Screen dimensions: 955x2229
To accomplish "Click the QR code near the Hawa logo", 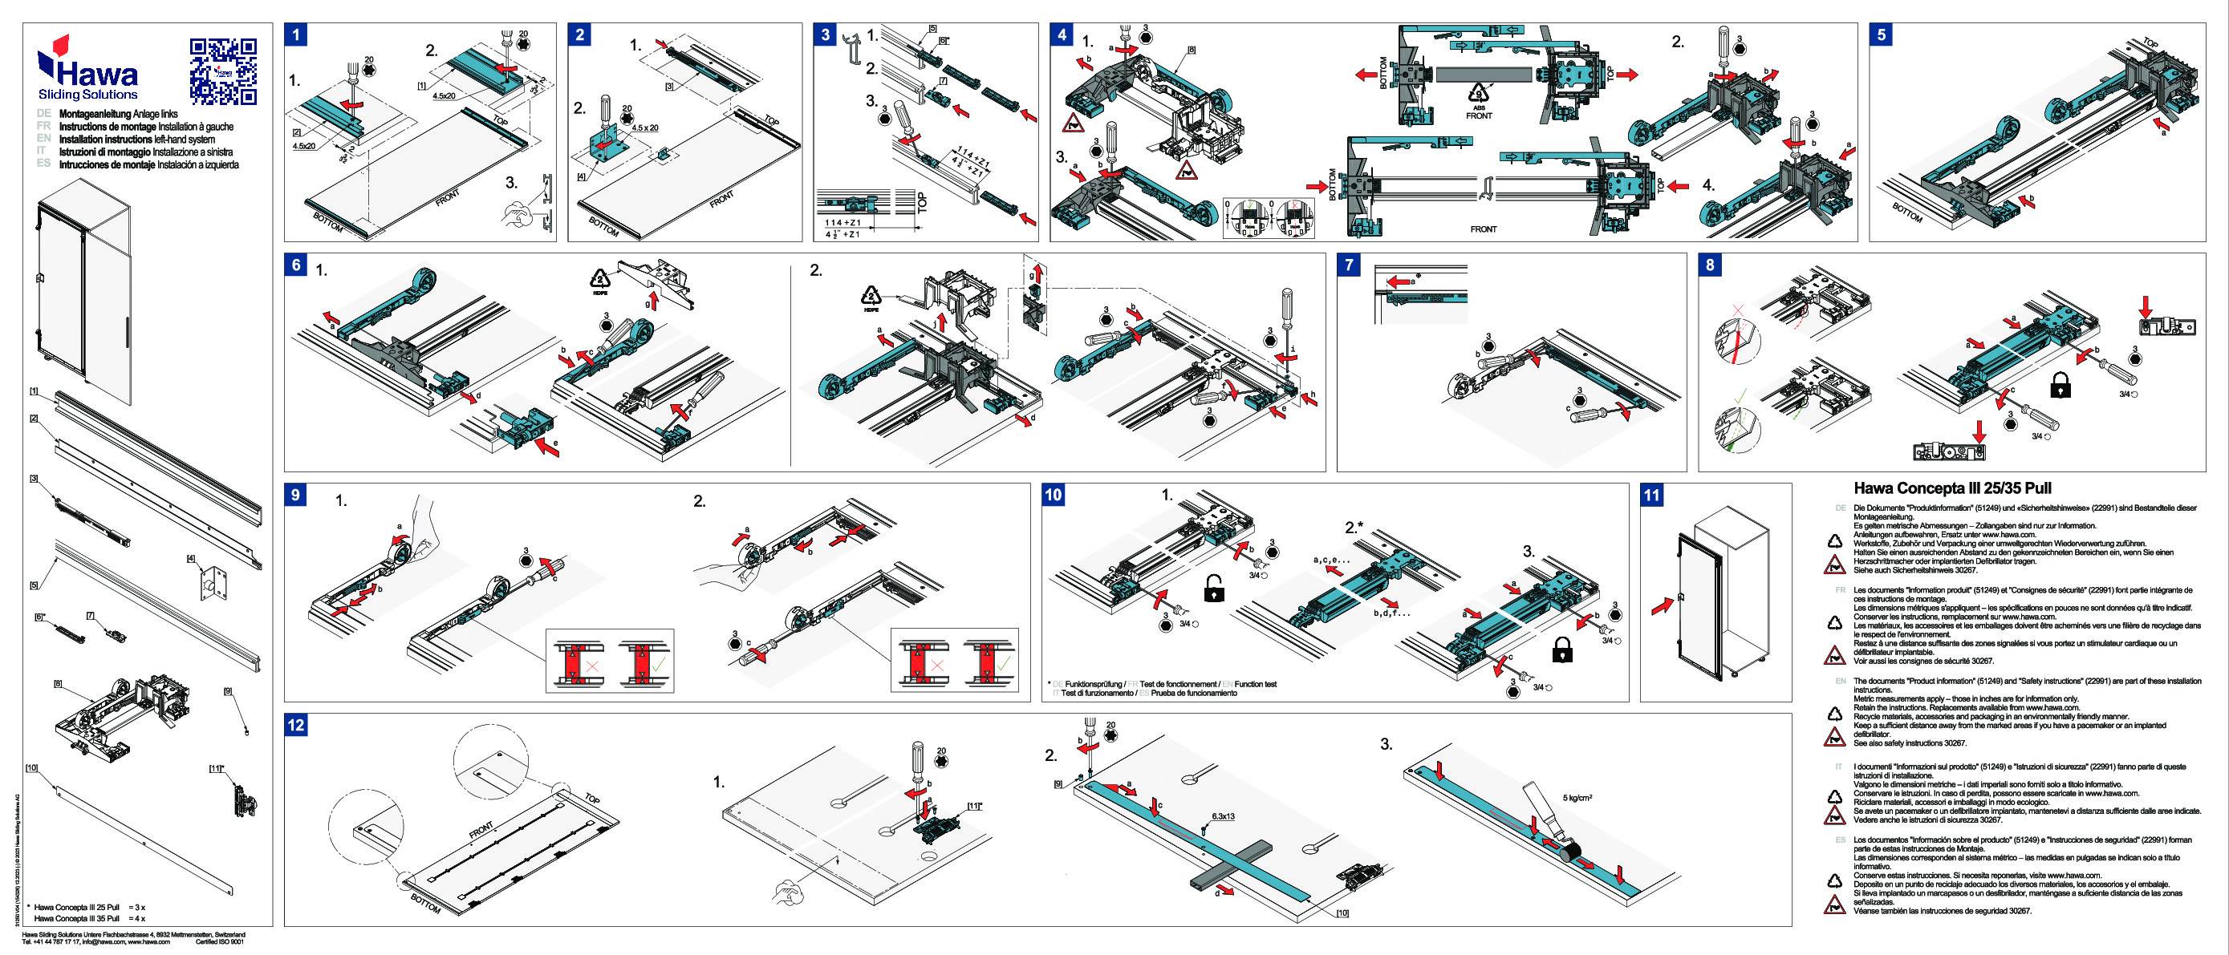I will coord(223,71).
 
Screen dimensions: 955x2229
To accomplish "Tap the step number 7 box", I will coord(1349,265).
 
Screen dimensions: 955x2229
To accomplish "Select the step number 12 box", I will coord(296,725).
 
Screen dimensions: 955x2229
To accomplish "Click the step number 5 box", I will coord(1881,34).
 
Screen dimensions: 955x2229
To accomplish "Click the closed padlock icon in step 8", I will coord(2061,385).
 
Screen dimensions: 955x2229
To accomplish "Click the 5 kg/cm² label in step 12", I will coord(1577,798).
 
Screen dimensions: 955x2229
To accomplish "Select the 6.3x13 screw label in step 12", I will coord(1223,816).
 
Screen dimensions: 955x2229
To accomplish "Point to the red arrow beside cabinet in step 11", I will coord(1662,606).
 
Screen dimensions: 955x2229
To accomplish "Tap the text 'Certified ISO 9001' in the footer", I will coord(220,942).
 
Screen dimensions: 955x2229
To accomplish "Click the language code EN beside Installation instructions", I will coord(43,139).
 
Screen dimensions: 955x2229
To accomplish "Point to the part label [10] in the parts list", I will coord(32,768).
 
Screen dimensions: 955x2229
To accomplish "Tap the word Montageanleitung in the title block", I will coord(95,113).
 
